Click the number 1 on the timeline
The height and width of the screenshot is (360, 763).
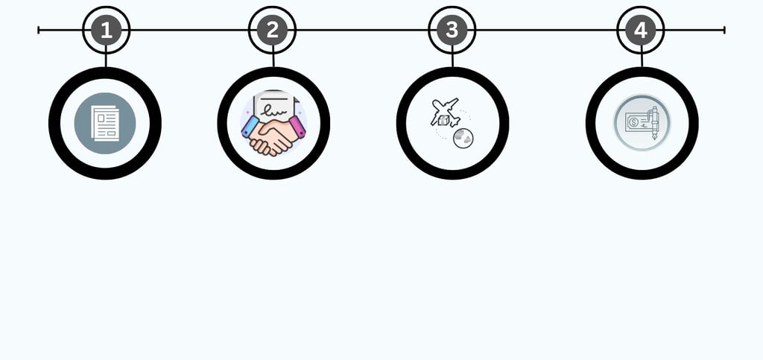click(106, 31)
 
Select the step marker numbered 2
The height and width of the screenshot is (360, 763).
click(272, 31)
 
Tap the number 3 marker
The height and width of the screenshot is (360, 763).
click(452, 31)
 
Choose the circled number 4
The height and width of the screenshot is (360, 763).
click(641, 31)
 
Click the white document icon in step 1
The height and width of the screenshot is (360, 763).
click(104, 123)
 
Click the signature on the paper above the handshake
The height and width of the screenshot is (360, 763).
click(273, 110)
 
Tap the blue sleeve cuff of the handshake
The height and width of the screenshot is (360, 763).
click(250, 127)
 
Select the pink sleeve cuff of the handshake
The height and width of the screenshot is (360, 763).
click(297, 127)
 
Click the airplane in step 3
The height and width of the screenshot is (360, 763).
click(446, 110)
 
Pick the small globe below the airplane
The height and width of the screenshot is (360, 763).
click(463, 137)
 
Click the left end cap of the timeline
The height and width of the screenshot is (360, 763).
click(39, 30)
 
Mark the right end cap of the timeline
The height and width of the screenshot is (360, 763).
click(724, 30)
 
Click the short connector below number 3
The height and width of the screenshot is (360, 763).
click(452, 60)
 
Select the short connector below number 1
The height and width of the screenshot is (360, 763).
click(106, 60)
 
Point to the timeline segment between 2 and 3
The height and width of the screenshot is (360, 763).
click(361, 30)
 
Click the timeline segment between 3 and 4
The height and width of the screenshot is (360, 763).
click(546, 30)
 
